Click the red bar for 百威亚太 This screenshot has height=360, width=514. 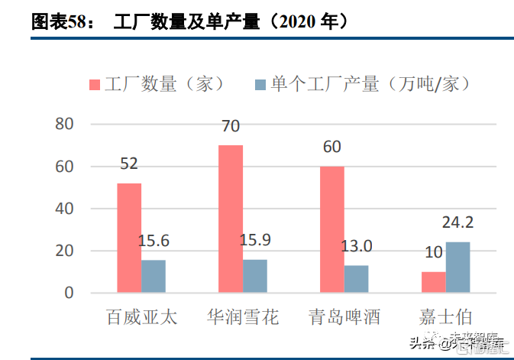[129, 238]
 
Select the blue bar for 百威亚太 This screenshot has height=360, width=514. [154, 276]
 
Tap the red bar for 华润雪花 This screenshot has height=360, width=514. [231, 219]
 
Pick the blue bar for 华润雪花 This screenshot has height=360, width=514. [255, 276]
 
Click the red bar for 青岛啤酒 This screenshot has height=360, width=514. [332, 229]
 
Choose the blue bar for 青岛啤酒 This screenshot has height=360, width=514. [357, 279]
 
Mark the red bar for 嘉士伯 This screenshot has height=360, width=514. [434, 282]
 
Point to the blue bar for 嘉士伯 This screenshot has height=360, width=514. [458, 267]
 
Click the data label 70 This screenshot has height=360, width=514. [231, 126]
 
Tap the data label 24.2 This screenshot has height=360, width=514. [458, 223]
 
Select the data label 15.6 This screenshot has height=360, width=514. [154, 241]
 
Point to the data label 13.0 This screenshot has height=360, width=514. [357, 246]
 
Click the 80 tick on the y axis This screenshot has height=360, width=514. [64, 125]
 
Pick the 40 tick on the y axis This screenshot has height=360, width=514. [64, 209]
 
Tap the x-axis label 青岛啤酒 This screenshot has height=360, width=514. [344, 317]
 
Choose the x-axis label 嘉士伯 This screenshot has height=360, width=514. [446, 317]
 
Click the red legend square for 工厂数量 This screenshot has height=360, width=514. [95, 84]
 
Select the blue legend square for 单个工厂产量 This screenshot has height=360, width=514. [259, 84]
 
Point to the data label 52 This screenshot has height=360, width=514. [129, 164]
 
